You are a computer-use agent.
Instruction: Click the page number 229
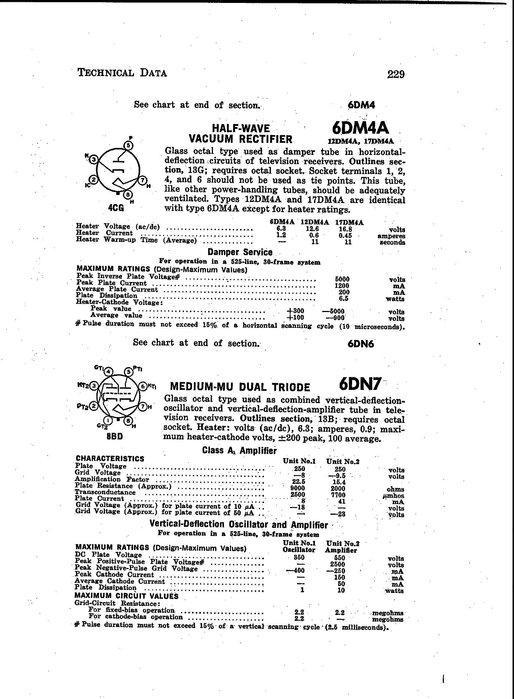point(396,75)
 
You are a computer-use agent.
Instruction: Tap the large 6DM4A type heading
point(360,128)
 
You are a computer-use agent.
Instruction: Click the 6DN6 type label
point(361,344)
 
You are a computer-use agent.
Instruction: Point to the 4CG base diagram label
point(116,208)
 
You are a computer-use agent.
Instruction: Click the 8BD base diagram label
point(115,437)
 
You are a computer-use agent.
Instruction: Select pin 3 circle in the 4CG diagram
point(94,159)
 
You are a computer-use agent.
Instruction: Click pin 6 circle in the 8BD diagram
point(142,386)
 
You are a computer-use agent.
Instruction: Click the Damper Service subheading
point(240,252)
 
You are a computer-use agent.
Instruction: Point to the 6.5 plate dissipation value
point(343,298)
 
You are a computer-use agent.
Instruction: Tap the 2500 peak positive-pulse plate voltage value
point(337,564)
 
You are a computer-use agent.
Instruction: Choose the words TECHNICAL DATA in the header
point(122,73)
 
